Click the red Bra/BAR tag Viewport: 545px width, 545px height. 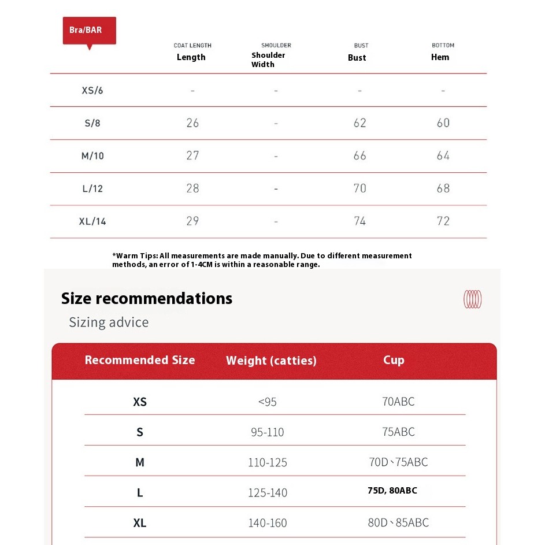click(89, 31)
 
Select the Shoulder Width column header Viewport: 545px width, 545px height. click(268, 60)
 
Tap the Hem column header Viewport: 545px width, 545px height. click(440, 57)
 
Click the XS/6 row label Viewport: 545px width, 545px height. click(92, 90)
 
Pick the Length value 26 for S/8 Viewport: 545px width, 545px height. click(192, 123)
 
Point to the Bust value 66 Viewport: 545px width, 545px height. click(359, 155)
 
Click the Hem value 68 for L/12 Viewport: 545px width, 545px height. click(443, 188)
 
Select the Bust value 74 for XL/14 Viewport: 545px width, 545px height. click(359, 221)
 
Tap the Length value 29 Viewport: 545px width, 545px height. click(192, 221)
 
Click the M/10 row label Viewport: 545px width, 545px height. click(92, 156)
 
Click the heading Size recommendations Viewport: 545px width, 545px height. click(147, 298)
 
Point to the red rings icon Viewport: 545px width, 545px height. click(472, 299)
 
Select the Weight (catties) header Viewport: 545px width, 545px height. click(271, 361)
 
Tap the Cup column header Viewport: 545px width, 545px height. click(394, 360)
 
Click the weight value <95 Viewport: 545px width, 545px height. click(267, 402)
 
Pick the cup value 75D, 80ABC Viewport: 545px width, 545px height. click(392, 491)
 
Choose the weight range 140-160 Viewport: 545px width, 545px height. click(268, 523)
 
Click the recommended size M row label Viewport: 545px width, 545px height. click(139, 462)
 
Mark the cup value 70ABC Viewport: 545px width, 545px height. click(398, 402)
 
